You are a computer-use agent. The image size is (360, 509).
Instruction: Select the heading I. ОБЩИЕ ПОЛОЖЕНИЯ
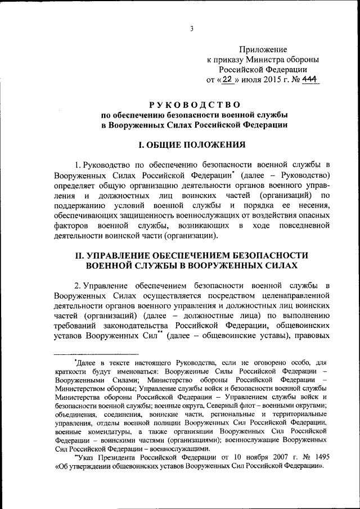[194, 145]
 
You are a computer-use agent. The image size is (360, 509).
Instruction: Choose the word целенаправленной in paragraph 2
[296, 294]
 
